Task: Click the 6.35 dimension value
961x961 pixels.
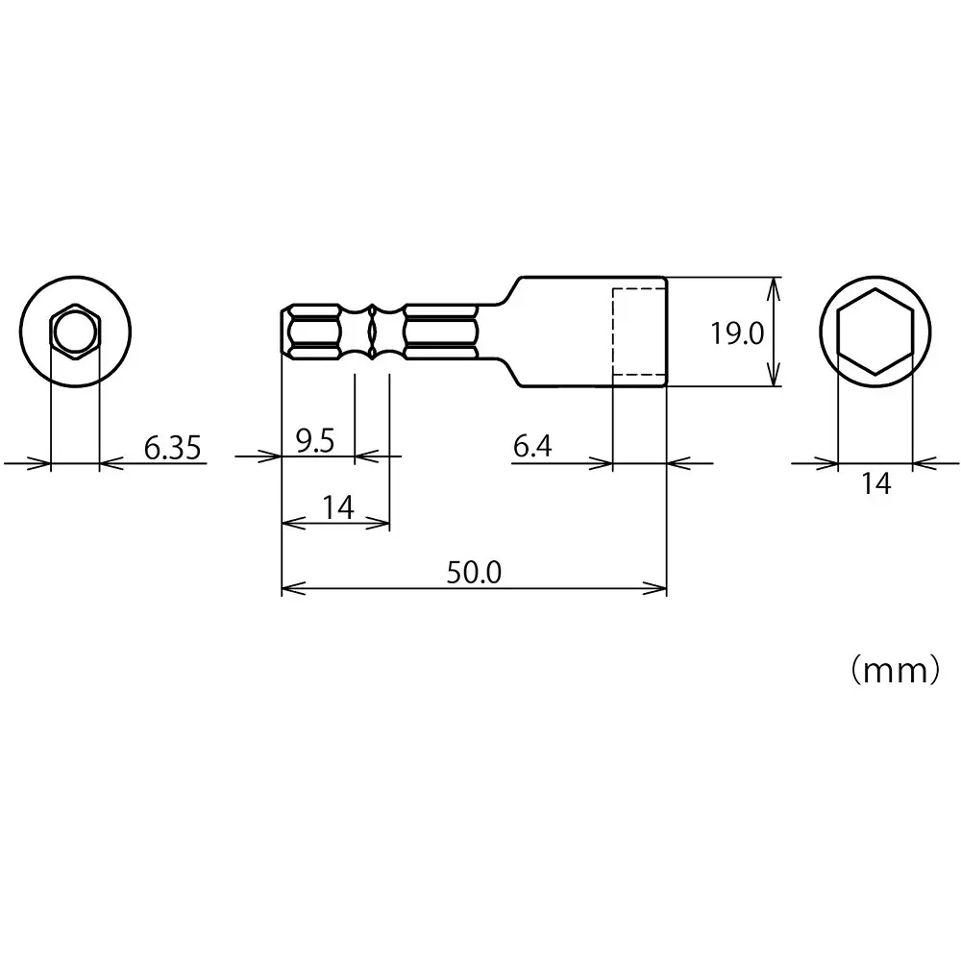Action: [173, 448]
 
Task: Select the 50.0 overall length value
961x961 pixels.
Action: [473, 573]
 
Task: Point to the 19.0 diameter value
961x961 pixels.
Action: [736, 333]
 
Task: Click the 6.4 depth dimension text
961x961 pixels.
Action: [532, 447]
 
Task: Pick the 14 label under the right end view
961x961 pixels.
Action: [875, 484]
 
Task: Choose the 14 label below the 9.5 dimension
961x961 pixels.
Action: [336, 506]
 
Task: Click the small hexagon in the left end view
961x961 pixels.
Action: [74, 333]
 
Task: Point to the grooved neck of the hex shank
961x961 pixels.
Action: [372, 333]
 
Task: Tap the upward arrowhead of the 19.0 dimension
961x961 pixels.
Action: [775, 284]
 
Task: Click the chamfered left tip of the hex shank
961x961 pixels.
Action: [286, 333]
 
